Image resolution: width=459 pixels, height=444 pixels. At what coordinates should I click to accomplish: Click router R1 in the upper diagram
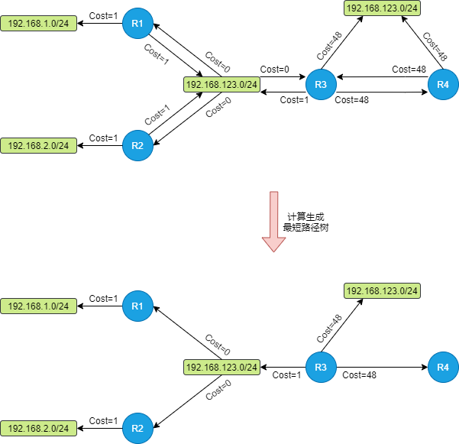137,24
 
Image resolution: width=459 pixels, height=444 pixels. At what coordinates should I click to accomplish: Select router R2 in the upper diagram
137,145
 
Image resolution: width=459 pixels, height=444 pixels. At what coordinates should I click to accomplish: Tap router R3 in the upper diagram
321,84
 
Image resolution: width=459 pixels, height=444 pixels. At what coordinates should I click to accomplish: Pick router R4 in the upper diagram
443,84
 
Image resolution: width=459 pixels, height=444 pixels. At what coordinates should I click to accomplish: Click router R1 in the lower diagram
137,306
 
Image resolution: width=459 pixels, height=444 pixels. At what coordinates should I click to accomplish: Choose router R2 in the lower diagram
137,428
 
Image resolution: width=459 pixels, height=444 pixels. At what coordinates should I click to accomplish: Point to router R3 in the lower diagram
321,368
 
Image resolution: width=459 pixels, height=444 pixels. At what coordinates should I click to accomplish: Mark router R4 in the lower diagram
443,368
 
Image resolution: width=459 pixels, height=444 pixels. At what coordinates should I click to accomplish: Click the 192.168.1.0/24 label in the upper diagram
39,24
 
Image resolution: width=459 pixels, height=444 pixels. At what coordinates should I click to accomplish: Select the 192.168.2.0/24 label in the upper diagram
39,145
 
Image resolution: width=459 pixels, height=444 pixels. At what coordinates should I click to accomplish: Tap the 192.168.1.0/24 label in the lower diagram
39,306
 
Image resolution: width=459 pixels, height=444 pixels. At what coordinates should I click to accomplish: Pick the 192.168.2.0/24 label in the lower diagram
39,428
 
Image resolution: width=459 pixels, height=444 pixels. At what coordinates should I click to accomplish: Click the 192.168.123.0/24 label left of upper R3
222,84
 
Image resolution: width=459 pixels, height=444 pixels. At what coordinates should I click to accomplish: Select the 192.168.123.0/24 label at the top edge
383,8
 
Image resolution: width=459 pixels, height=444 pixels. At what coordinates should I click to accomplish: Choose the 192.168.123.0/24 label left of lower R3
222,368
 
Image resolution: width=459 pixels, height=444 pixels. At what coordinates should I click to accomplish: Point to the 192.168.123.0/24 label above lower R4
383,291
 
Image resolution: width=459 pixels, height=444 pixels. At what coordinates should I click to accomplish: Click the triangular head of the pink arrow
273,244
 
